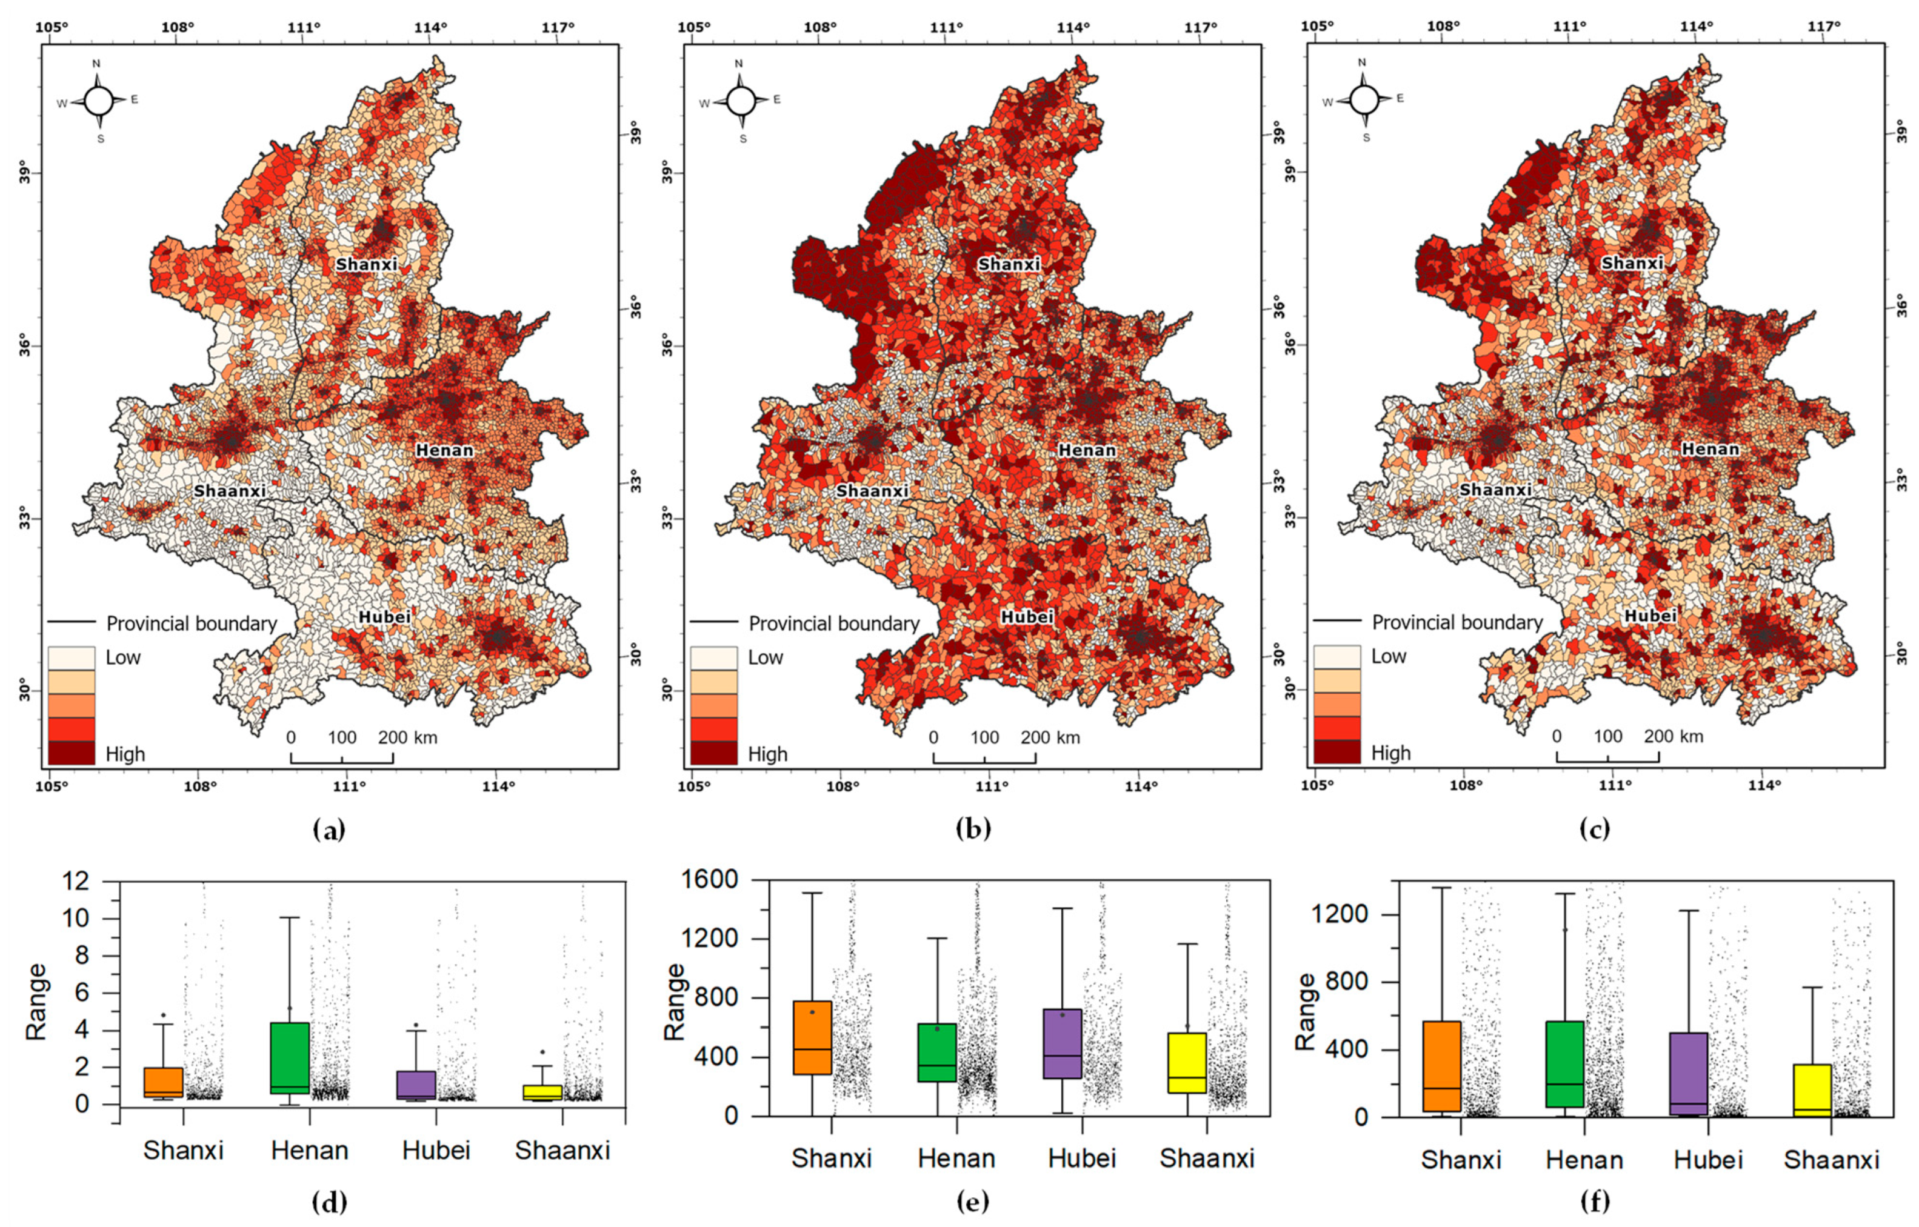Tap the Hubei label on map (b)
click(x=1027, y=617)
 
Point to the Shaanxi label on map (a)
click(x=230, y=491)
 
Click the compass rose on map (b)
click(x=740, y=101)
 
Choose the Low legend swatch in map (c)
click(x=1337, y=657)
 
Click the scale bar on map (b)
click(x=984, y=756)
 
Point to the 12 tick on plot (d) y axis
click(x=116, y=882)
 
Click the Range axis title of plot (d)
click(x=36, y=1002)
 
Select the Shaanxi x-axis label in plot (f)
click(x=1831, y=1159)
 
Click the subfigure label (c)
click(x=1595, y=830)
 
